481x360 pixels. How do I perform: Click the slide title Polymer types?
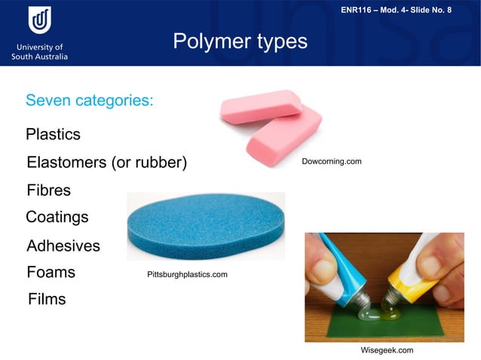(240, 41)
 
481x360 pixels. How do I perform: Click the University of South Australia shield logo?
(39, 20)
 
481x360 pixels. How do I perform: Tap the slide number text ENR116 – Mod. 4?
(406, 10)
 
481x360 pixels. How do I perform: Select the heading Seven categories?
(90, 100)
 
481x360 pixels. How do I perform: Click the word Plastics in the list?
(53, 135)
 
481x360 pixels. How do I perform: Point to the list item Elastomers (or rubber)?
(106, 163)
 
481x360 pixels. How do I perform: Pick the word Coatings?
(57, 218)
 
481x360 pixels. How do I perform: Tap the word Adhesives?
(63, 246)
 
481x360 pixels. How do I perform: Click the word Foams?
(51, 272)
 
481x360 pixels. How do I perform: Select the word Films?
(47, 299)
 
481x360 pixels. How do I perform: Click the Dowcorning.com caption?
(331, 163)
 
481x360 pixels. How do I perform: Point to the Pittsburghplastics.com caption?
(187, 275)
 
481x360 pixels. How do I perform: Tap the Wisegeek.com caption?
(388, 350)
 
